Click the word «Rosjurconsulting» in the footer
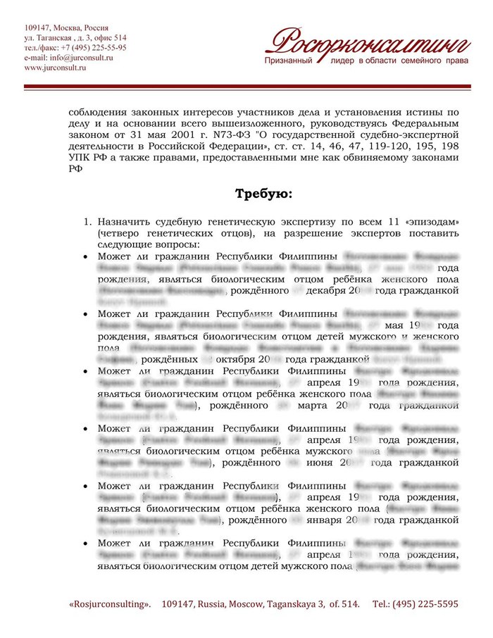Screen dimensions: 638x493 pos(110,604)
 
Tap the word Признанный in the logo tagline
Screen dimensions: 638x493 pos(290,62)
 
